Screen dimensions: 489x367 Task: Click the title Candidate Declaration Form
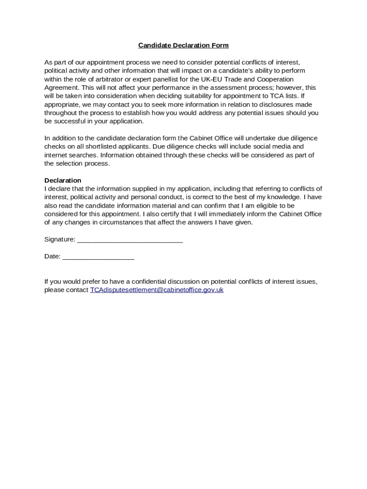183,45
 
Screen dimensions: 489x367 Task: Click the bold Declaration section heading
62,180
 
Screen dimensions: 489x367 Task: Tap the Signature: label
60,239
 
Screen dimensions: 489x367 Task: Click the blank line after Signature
130,240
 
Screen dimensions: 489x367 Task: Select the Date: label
52,256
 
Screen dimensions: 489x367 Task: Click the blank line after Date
98,257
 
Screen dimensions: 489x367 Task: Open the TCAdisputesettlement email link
157,290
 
